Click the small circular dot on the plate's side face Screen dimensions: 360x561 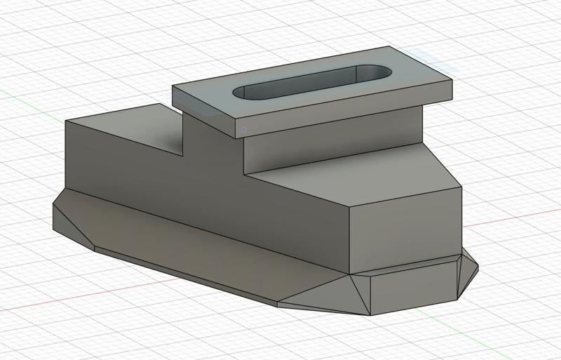(x=243, y=129)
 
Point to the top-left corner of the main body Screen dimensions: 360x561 (x=66, y=121)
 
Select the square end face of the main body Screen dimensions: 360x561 (x=405, y=228)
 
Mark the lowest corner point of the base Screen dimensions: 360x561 (x=370, y=315)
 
